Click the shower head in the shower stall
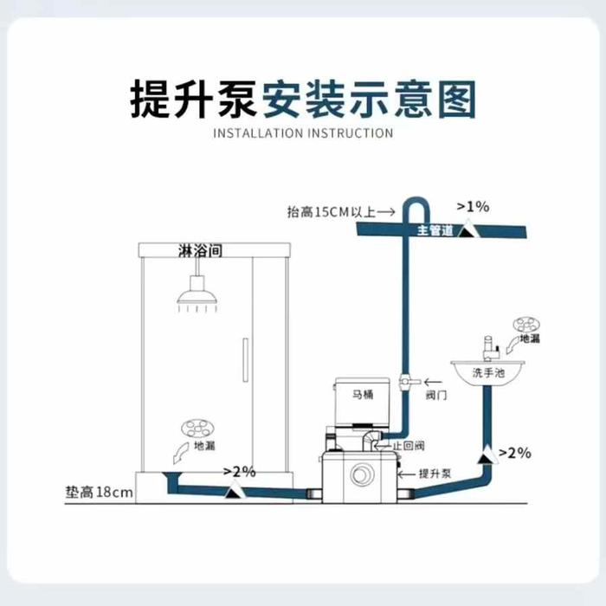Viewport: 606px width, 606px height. coord(197,298)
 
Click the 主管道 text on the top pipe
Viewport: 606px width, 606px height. coord(435,230)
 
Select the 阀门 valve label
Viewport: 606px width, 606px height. coord(435,400)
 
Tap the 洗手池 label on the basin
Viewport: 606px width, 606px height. coord(486,373)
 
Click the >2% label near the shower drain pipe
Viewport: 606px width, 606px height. coord(239,472)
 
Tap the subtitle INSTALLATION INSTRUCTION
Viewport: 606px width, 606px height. coord(303,133)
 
